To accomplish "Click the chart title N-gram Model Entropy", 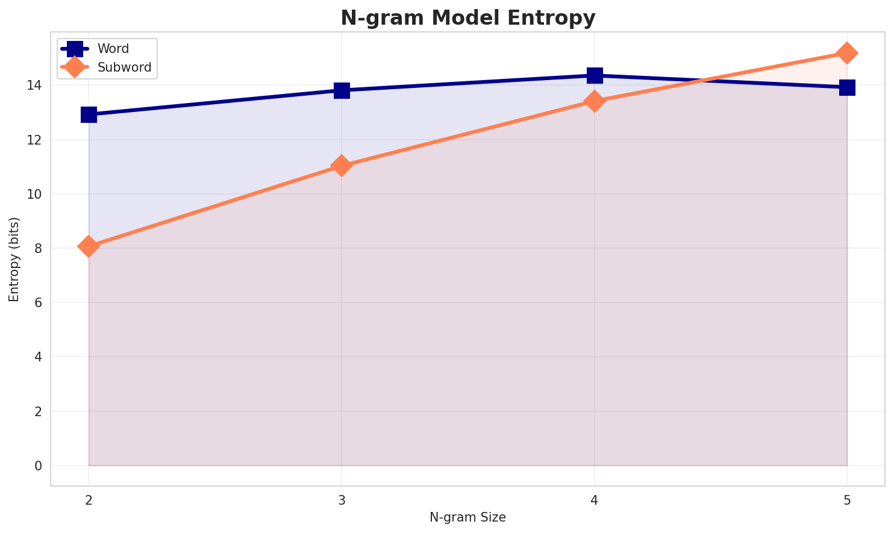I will pos(467,18).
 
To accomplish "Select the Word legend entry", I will pos(113,49).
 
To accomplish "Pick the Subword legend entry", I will pos(124,67).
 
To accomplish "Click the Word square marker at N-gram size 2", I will pos(89,114).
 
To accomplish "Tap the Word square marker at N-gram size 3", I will pos(342,90).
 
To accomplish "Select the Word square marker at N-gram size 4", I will pos(595,75).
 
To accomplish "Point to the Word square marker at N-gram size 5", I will pos(847,87).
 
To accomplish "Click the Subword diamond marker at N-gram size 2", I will pos(89,246).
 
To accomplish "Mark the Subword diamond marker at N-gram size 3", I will pos(342,166).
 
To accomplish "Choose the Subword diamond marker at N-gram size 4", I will pos(595,101).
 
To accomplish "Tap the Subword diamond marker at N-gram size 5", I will pos(847,53).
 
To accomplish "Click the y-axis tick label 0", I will pos(39,466).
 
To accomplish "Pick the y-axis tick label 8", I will pos(39,249).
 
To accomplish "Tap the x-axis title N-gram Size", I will pos(467,517).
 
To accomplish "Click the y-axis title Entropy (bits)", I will pos(14,259).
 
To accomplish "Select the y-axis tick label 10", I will pos(37,195).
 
